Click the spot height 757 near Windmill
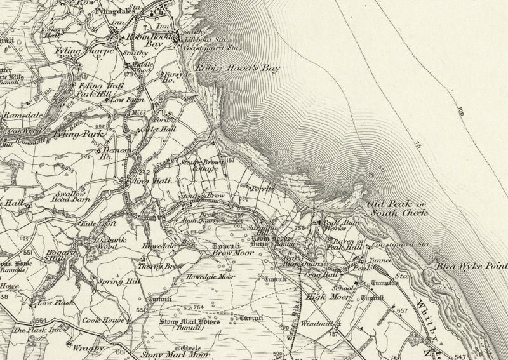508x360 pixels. pos(333,333)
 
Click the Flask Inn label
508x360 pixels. pos(30,330)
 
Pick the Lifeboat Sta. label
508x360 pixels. pos(202,39)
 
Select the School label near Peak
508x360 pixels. pos(343,287)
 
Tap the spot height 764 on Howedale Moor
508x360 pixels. pos(197,307)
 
